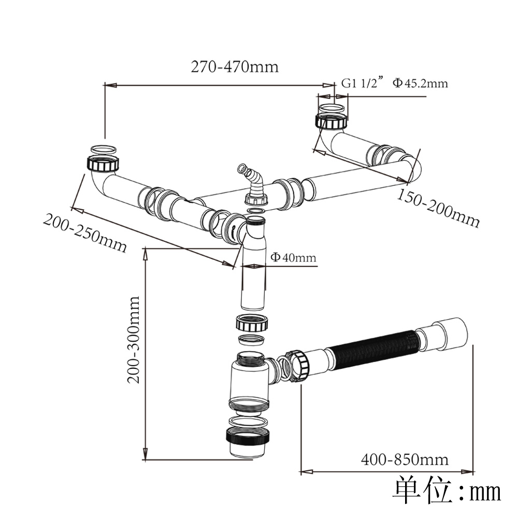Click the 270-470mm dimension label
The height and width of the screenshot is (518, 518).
pyautogui.click(x=235, y=67)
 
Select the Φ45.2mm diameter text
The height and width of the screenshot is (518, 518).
pyautogui.click(x=420, y=83)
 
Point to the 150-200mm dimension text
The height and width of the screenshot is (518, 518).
pyautogui.click(x=439, y=208)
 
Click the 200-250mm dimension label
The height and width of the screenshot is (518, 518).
pyautogui.click(x=84, y=234)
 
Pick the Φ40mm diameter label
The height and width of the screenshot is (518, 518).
pyautogui.click(x=293, y=257)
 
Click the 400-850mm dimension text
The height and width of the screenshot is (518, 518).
pyautogui.click(x=405, y=459)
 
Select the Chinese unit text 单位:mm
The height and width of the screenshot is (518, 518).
pyautogui.click(x=447, y=490)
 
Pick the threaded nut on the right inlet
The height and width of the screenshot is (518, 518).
pyautogui.click(x=331, y=122)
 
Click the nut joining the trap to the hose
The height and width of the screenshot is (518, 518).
pyautogui.click(x=299, y=366)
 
